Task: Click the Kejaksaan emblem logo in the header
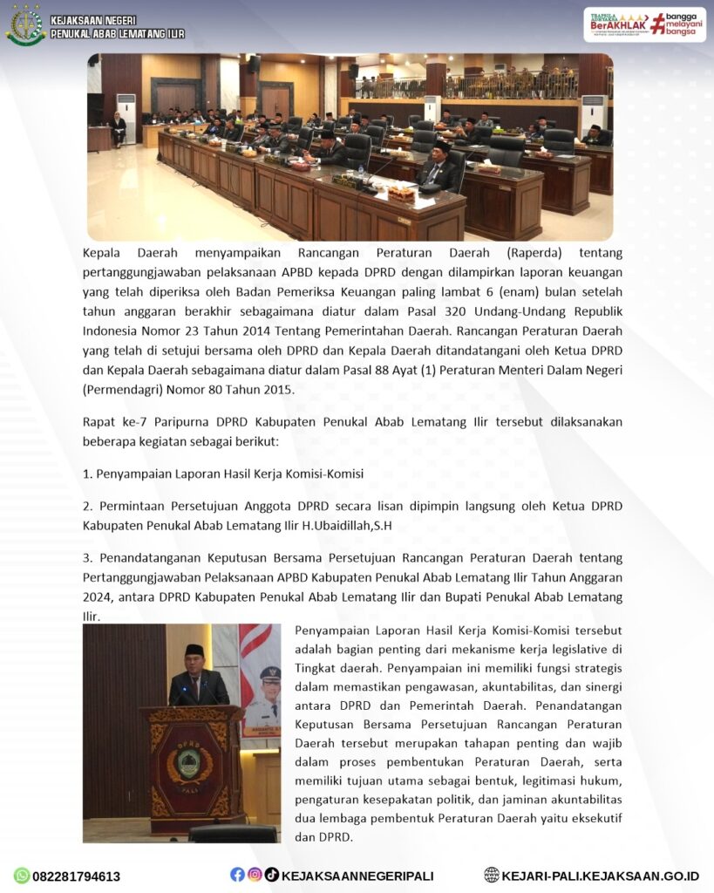tap(24, 26)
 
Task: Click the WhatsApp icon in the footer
tap(21, 876)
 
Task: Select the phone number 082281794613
tap(76, 876)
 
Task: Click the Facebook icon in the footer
tap(237, 875)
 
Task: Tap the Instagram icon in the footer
tap(255, 875)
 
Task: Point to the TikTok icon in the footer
tap(272, 875)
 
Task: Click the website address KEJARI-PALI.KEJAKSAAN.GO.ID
tap(601, 876)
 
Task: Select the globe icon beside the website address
tap(492, 876)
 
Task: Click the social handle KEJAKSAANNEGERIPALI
tap(357, 876)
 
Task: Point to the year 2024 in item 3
tap(98, 596)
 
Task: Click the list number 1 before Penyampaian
tap(86, 474)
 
